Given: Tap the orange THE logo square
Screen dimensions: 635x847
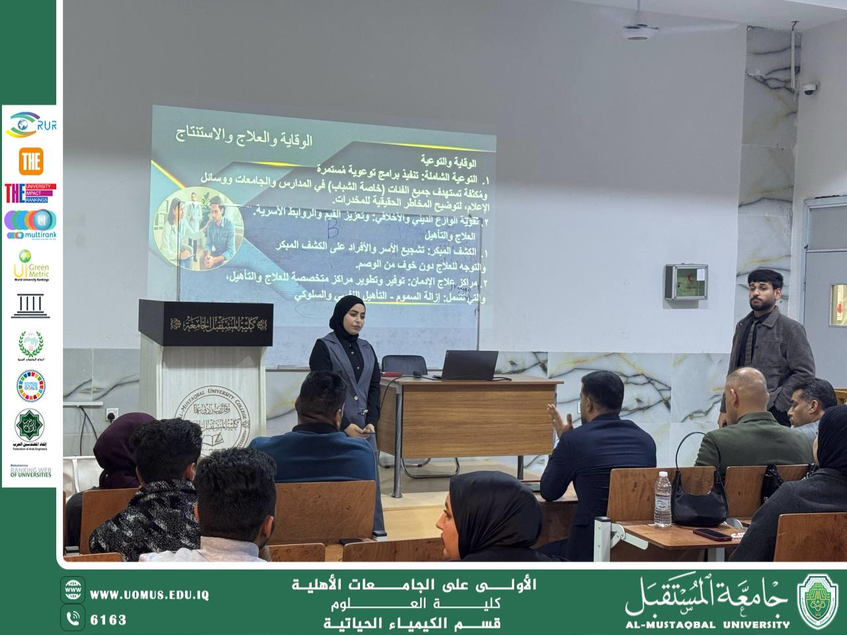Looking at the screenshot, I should tap(31, 161).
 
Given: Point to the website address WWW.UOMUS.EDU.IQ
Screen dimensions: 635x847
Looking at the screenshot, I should tap(150, 595).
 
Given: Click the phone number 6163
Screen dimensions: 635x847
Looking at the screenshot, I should tap(108, 620).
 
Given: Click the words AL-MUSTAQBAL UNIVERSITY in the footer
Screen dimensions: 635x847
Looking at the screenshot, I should tap(707, 623).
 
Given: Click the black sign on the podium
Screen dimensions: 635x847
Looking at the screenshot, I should tap(206, 324).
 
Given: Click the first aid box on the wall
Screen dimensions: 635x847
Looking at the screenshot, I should tap(687, 284).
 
